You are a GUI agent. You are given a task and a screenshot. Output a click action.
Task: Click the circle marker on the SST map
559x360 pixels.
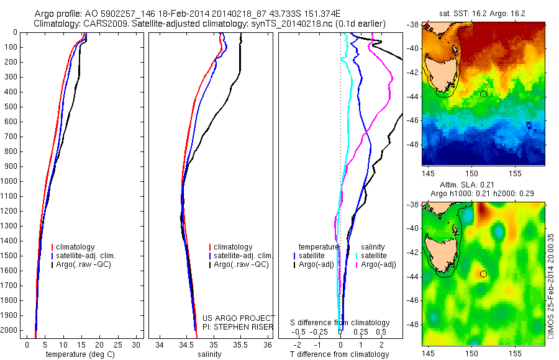[x=483, y=94]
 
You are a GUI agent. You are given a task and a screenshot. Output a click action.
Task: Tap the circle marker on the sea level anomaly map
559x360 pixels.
[x=483, y=274]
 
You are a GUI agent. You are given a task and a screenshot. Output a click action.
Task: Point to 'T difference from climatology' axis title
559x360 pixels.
[x=340, y=354]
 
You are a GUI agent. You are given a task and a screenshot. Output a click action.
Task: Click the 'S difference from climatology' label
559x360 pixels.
[x=340, y=323]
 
